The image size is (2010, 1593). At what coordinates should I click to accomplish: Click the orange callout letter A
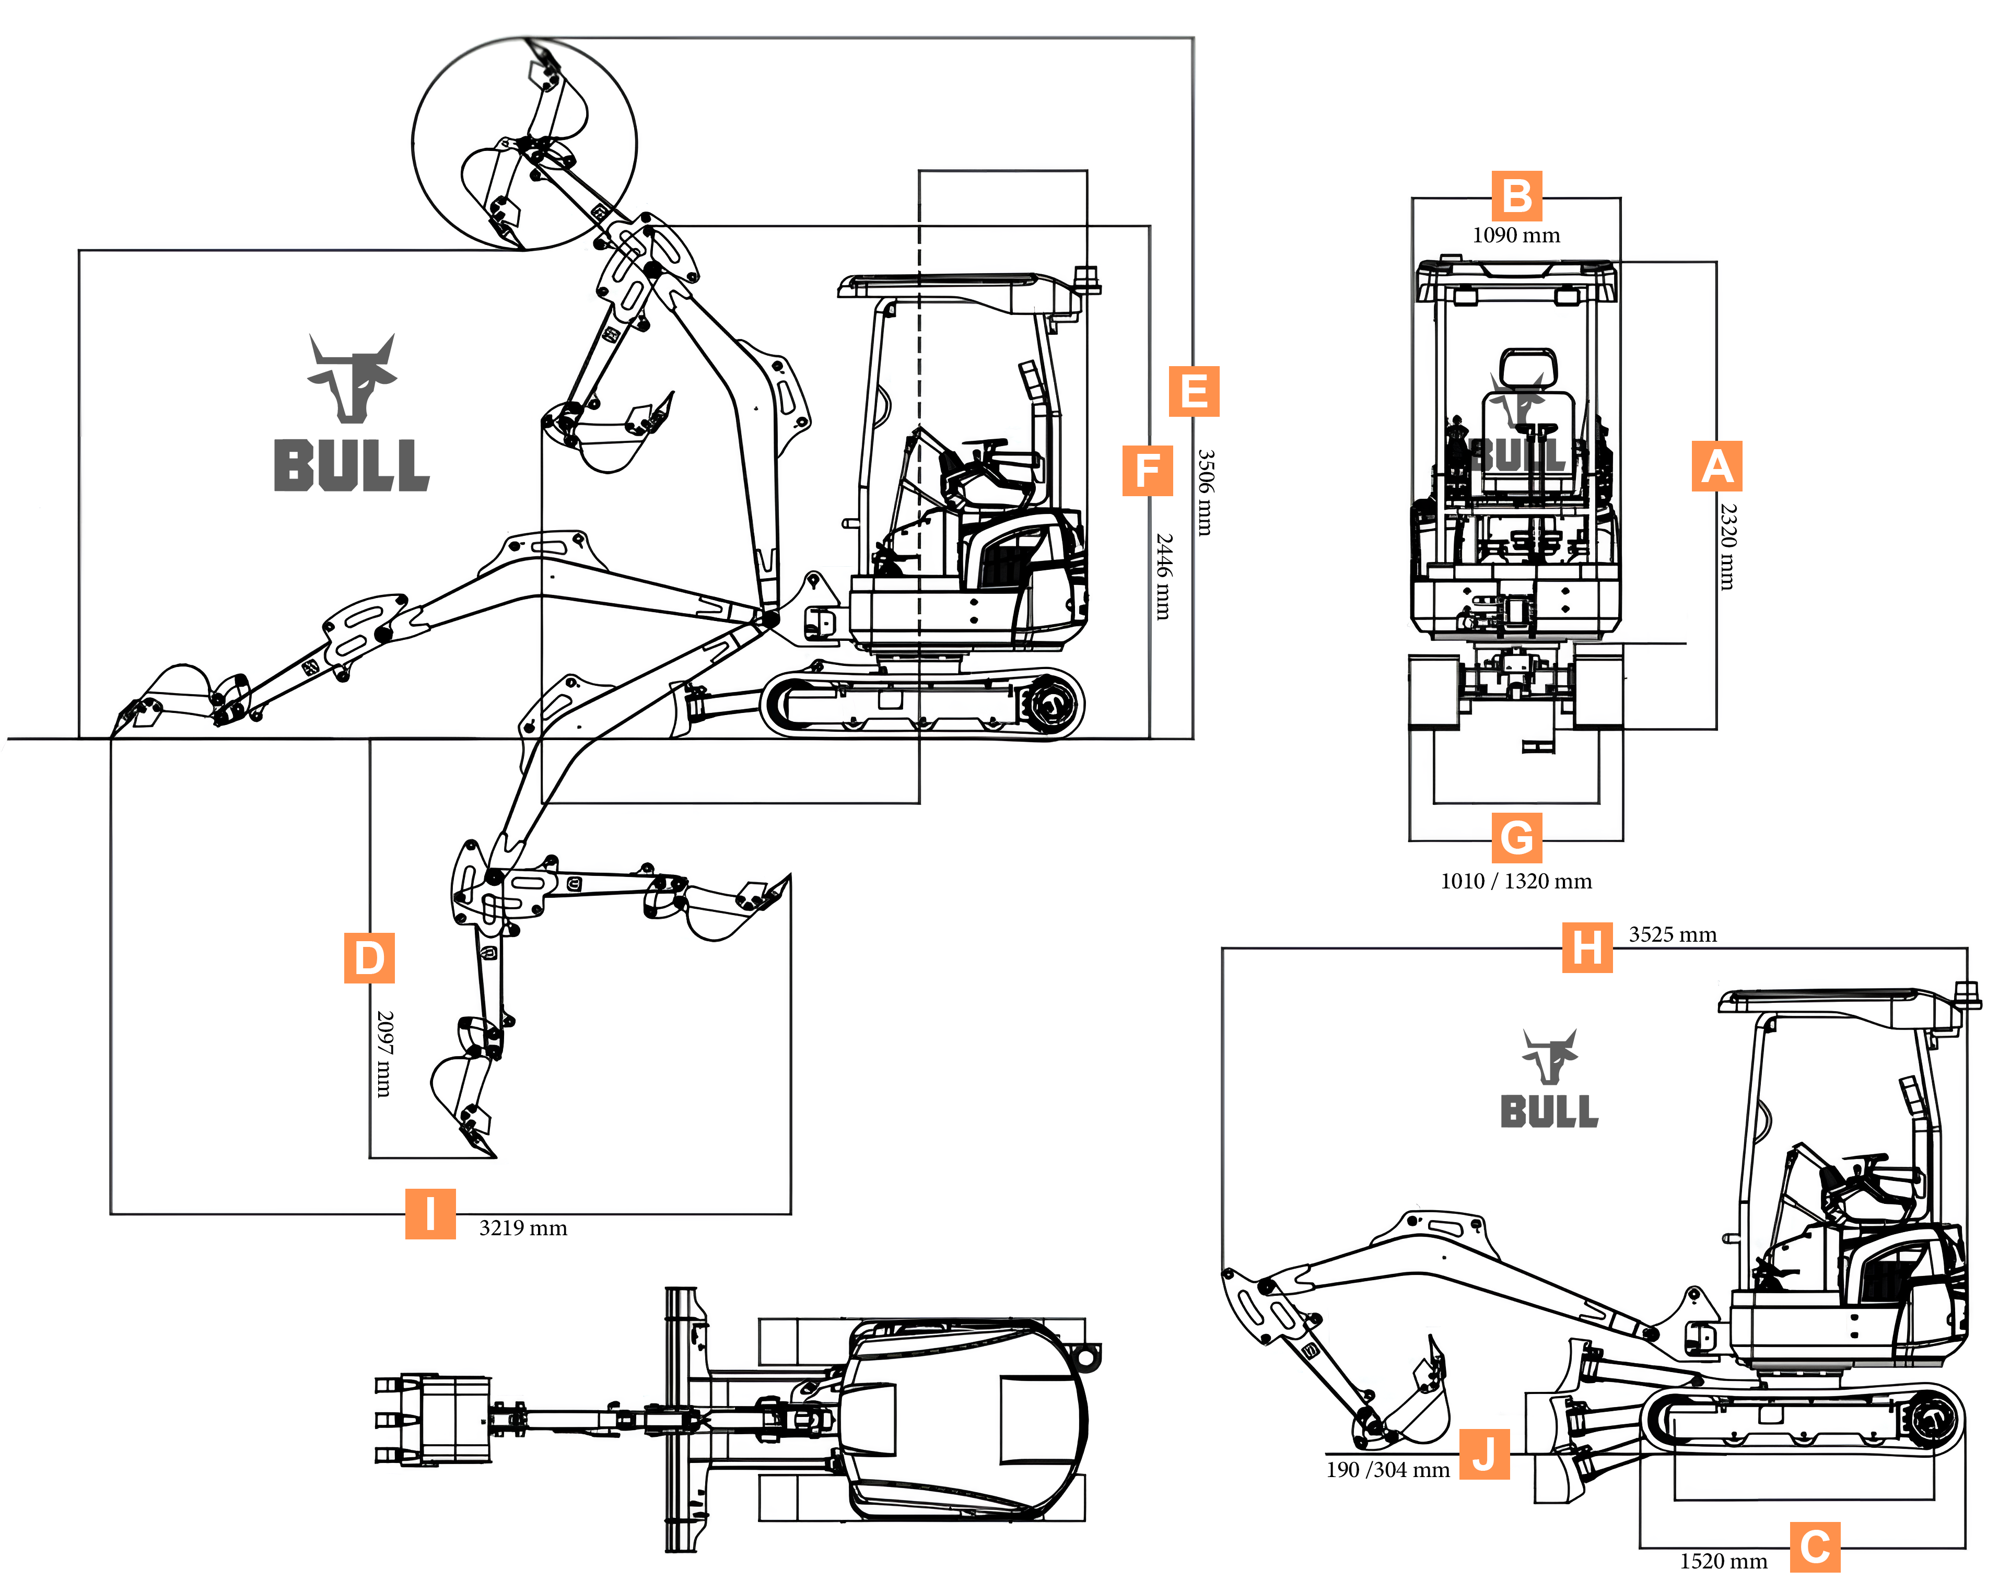pos(1716,466)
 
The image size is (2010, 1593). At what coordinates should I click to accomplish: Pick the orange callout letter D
pos(369,958)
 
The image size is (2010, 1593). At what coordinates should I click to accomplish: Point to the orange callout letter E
pos(1194,392)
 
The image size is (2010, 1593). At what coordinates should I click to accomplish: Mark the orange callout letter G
pos(1517,837)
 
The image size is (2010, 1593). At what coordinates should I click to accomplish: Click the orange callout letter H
pos(1587,948)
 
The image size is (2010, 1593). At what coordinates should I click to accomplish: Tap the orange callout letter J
pos(1484,1454)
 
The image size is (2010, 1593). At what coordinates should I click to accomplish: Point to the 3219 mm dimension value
pos(523,1228)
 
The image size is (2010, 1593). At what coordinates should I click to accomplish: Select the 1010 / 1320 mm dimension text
pos(1516,882)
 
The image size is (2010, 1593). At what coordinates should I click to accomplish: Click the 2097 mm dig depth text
pos(384,1053)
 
